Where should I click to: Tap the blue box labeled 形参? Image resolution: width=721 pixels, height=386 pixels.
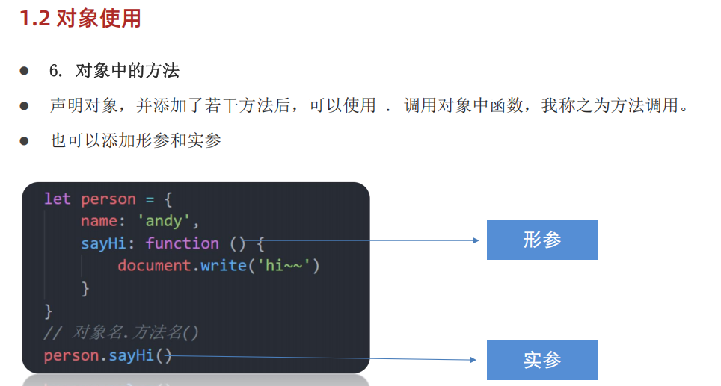click(541, 240)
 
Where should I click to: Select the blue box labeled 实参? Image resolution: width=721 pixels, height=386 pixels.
click(541, 360)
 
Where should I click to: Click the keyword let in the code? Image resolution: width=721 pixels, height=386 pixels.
click(57, 199)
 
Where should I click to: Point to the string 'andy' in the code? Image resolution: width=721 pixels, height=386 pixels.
click(169, 221)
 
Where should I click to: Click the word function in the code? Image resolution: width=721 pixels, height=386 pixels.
click(182, 243)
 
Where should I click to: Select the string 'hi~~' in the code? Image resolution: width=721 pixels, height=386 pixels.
click(288, 266)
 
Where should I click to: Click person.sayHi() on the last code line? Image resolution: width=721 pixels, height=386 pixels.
click(108, 355)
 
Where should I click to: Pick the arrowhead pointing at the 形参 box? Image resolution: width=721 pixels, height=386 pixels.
click(473, 240)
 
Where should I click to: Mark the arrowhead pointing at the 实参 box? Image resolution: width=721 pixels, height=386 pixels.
click(472, 360)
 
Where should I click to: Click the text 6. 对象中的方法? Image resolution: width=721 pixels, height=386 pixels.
click(114, 71)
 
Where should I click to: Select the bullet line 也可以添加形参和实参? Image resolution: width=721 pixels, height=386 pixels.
click(135, 140)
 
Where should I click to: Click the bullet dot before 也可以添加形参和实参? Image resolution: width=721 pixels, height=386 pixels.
click(24, 140)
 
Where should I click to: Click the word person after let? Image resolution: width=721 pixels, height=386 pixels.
click(108, 199)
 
